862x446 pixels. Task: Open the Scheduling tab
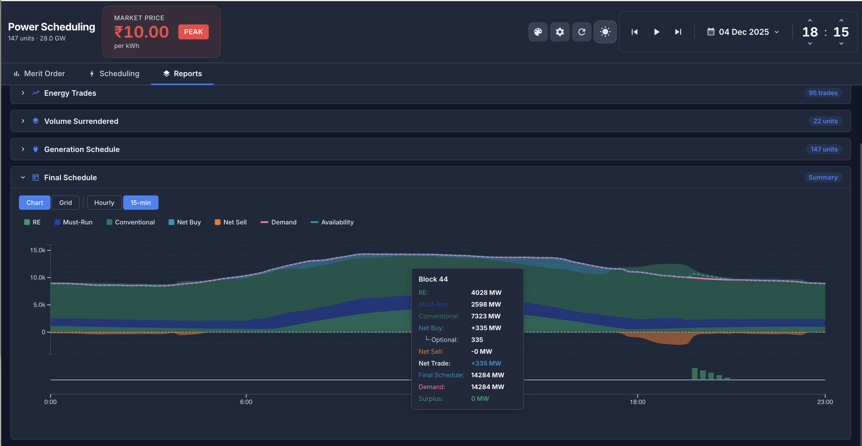(x=115, y=73)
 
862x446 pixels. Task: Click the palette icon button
(x=538, y=32)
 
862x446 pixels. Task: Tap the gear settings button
(x=560, y=32)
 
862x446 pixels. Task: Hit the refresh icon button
(x=581, y=32)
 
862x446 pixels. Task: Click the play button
(x=656, y=32)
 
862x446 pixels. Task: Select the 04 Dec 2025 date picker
(x=743, y=32)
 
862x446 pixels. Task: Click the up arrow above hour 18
(x=810, y=20)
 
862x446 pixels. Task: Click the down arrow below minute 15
(x=841, y=43)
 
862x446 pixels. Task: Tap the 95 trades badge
(x=823, y=93)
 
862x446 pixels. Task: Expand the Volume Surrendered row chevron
(x=23, y=121)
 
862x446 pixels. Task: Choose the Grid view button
(x=65, y=203)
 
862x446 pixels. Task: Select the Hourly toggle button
(x=104, y=203)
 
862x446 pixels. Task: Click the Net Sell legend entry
(x=231, y=222)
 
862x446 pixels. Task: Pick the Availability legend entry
(x=332, y=222)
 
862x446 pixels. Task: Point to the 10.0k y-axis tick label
(x=38, y=277)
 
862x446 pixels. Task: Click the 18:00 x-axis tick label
(x=637, y=401)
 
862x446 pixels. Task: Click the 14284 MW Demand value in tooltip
(x=487, y=387)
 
